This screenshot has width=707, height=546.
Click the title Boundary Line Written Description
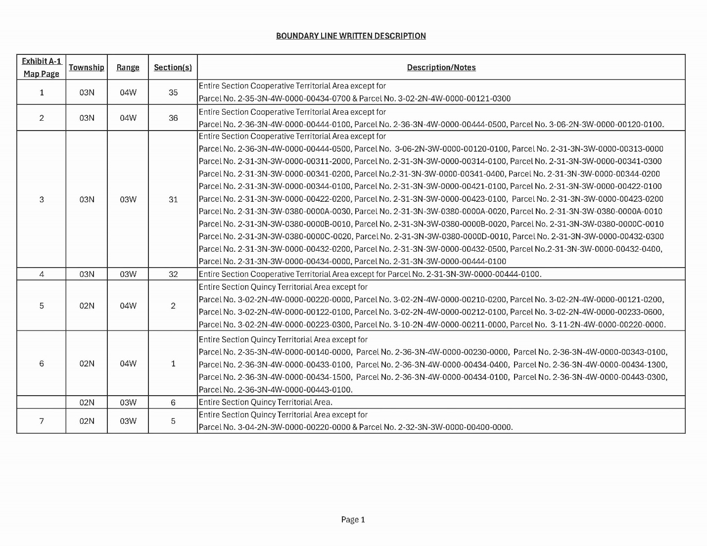point(351,36)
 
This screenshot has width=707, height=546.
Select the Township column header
point(87,67)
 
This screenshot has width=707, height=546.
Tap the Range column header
point(128,67)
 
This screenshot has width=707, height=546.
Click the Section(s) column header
point(173,67)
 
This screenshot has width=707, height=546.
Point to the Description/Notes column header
point(441,67)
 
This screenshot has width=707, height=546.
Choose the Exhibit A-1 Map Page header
point(42,67)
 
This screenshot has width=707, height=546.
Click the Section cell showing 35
point(173,92)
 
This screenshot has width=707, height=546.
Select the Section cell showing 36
point(173,118)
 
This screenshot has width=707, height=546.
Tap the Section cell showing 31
point(173,199)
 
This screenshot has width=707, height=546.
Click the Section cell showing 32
point(173,274)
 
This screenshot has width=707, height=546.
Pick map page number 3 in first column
point(42,199)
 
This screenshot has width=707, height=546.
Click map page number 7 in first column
point(42,421)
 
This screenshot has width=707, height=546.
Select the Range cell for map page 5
point(128,306)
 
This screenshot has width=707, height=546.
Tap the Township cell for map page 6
point(87,364)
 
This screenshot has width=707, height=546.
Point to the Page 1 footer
point(353,519)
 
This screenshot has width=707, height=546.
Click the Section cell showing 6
point(173,402)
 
